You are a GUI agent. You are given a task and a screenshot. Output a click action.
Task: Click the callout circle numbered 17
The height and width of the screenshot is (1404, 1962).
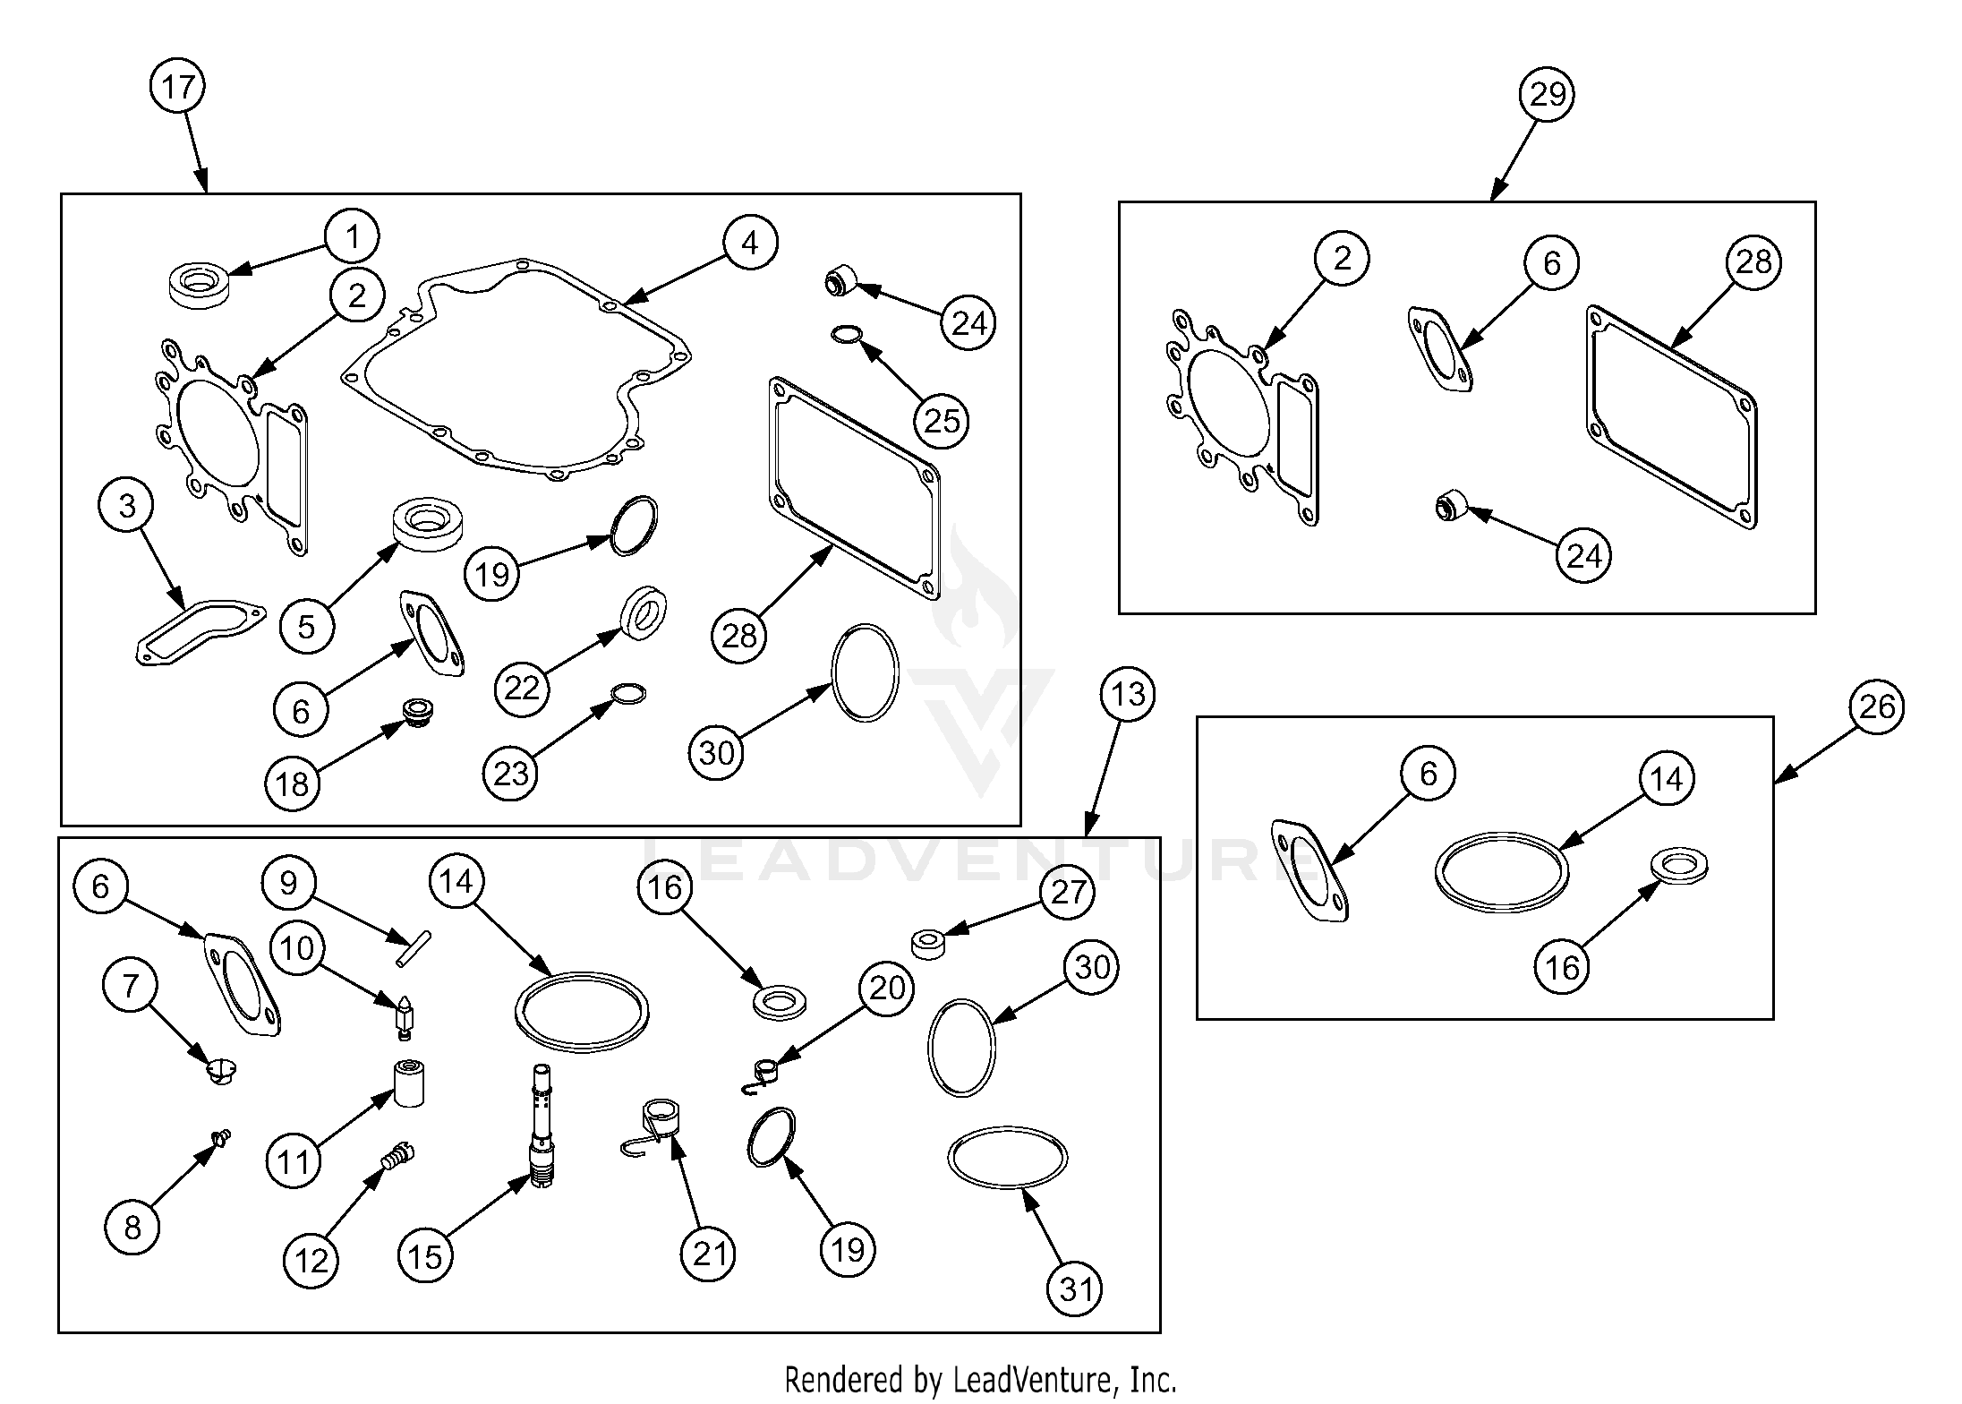click(x=178, y=86)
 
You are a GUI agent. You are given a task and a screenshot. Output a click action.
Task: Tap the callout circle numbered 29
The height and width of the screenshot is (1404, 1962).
click(x=1548, y=93)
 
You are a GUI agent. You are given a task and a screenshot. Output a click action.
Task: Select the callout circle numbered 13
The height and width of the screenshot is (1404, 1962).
click(x=1128, y=693)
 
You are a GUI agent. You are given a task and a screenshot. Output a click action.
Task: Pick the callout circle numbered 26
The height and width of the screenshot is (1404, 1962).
click(x=1877, y=706)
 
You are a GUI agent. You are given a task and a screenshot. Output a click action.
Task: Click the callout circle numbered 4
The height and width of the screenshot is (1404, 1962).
click(x=750, y=243)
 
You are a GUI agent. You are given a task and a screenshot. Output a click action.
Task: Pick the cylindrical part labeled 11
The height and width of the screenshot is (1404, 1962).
click(x=409, y=1083)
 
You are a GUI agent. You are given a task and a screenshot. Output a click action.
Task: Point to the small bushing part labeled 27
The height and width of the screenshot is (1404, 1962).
click(x=928, y=945)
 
